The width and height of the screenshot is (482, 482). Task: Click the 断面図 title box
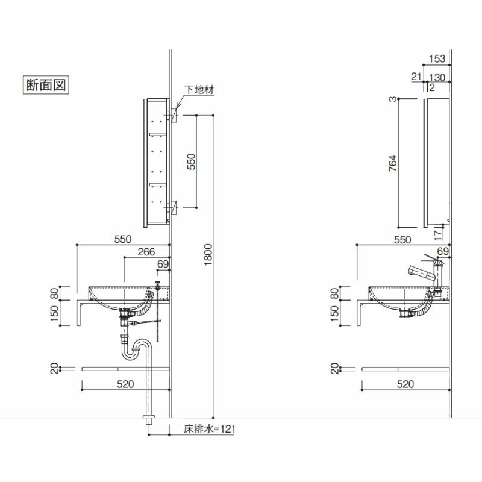click(46, 84)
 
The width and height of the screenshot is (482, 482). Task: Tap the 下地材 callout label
click(199, 90)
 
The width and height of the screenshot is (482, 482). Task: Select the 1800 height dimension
click(208, 254)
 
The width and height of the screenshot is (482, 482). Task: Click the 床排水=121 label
click(210, 429)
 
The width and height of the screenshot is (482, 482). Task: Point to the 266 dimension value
click(146, 252)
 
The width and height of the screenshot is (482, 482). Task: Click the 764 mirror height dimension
click(393, 163)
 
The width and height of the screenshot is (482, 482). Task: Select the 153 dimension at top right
click(437, 58)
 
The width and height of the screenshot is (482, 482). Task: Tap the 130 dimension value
click(437, 78)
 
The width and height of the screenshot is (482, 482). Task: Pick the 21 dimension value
click(416, 77)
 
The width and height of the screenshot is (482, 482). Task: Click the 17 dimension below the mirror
click(438, 235)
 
